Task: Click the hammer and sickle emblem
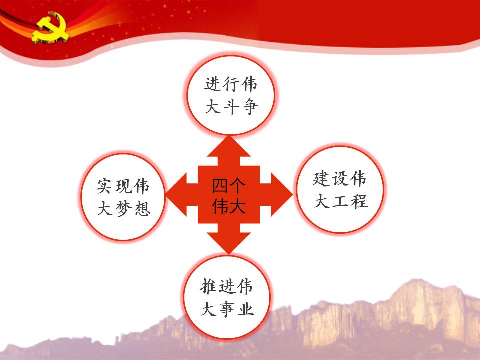point(51,28)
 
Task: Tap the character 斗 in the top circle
point(231,107)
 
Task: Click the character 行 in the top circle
point(231,84)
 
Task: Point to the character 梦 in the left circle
point(124,209)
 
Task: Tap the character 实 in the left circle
point(105,186)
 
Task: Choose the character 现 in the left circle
point(124,186)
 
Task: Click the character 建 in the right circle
point(321,179)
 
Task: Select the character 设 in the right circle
point(340,179)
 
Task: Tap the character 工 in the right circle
point(340,202)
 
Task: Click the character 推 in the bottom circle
point(209,287)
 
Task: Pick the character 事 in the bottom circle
point(227,309)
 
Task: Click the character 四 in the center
point(220,186)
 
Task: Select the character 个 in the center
point(237,186)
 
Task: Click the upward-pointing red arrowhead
point(229,146)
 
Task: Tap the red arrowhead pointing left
point(176,194)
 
